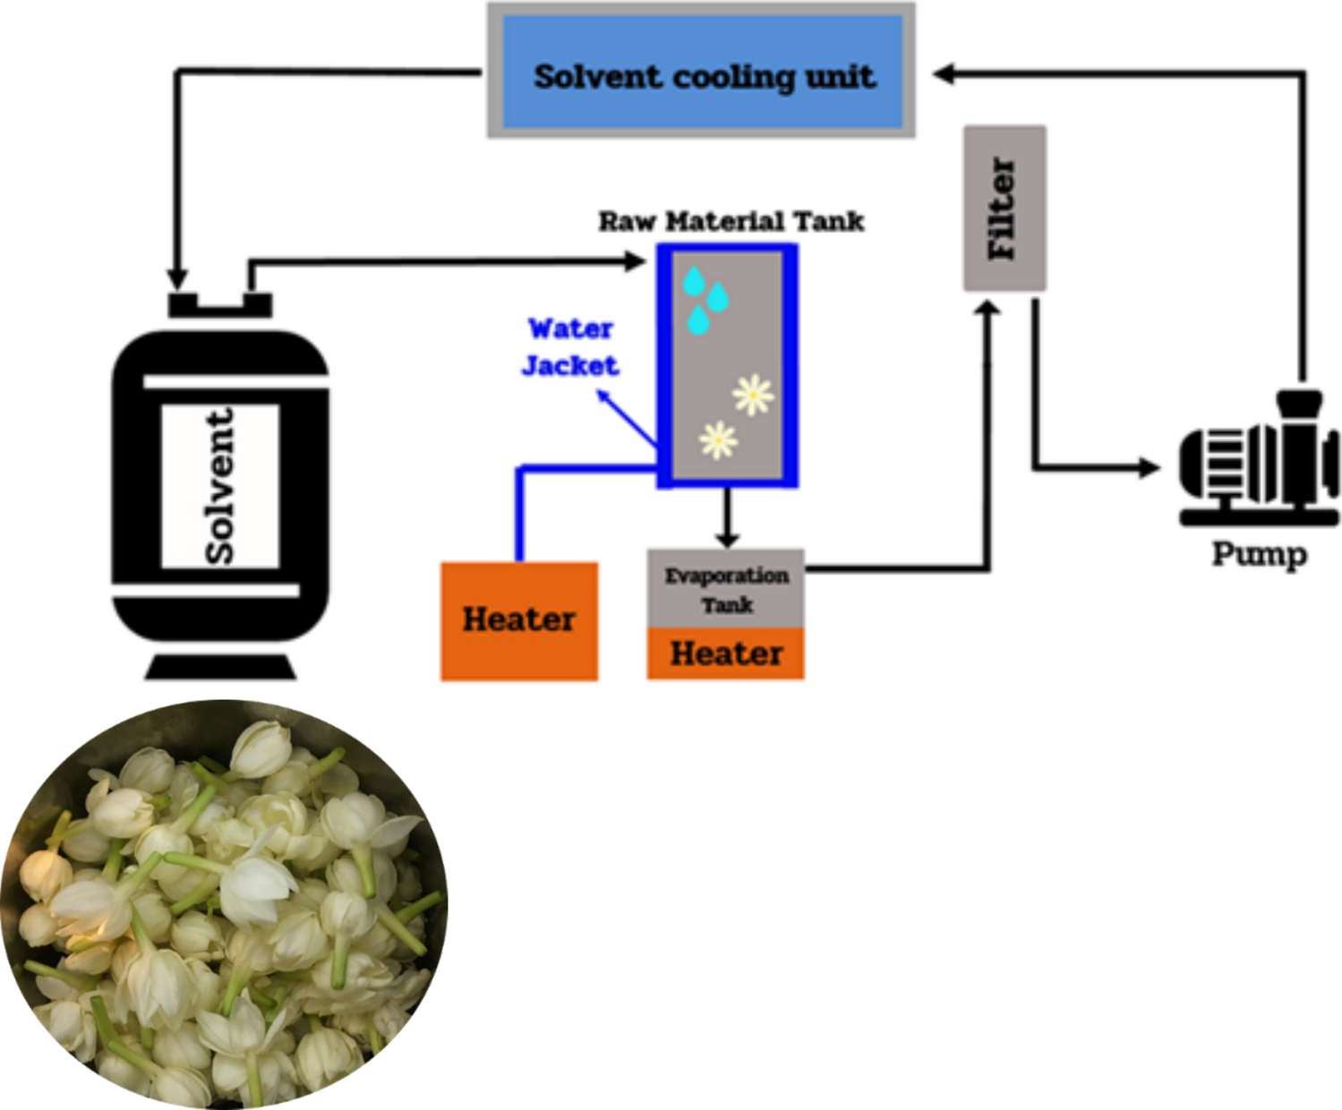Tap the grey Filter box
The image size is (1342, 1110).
[x=1004, y=209]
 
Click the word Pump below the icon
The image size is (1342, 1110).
[x=1259, y=554]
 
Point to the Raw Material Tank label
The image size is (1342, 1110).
[x=731, y=221]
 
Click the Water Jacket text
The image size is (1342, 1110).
[x=570, y=347]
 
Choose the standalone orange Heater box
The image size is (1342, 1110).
[x=519, y=620]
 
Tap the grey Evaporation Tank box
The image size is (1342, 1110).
[x=726, y=589]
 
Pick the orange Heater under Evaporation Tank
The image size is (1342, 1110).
[x=726, y=653]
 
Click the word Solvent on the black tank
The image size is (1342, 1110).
[x=219, y=486]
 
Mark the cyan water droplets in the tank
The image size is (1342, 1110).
[x=705, y=300]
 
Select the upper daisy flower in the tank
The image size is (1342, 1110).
[x=753, y=395]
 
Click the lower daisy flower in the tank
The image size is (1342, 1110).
[x=718, y=440]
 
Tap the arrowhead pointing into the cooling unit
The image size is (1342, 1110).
[x=942, y=73]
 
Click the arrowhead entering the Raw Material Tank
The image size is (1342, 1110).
[x=636, y=261]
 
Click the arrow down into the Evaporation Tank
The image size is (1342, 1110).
[x=727, y=537]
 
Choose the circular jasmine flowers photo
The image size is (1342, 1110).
[x=224, y=904]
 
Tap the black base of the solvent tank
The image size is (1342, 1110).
[x=220, y=667]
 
